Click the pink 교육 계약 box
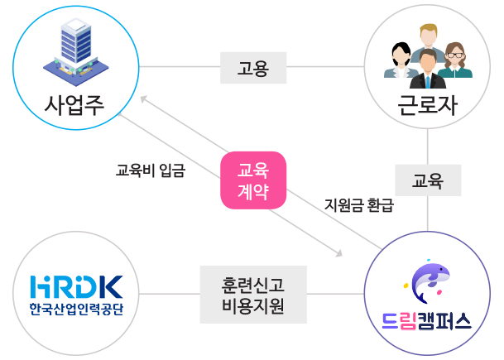pos(253,180)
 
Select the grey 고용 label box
pos(253,68)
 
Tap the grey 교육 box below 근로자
pos(428,180)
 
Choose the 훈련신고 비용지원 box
pos(253,295)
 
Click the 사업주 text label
pos(74,105)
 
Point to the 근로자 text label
pos(427,105)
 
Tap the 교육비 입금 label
pos(151,170)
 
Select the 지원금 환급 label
pos(359,204)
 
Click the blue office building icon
pos(76,52)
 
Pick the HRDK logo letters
pos(76,286)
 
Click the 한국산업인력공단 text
pos(76,310)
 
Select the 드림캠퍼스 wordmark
pos(427,321)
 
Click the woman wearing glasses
pos(455,60)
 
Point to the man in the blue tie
pos(428,69)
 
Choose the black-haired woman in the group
pos(401,60)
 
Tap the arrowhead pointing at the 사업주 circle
pos(144,99)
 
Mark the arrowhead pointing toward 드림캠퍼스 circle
pos(338,253)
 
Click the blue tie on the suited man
pos(428,82)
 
